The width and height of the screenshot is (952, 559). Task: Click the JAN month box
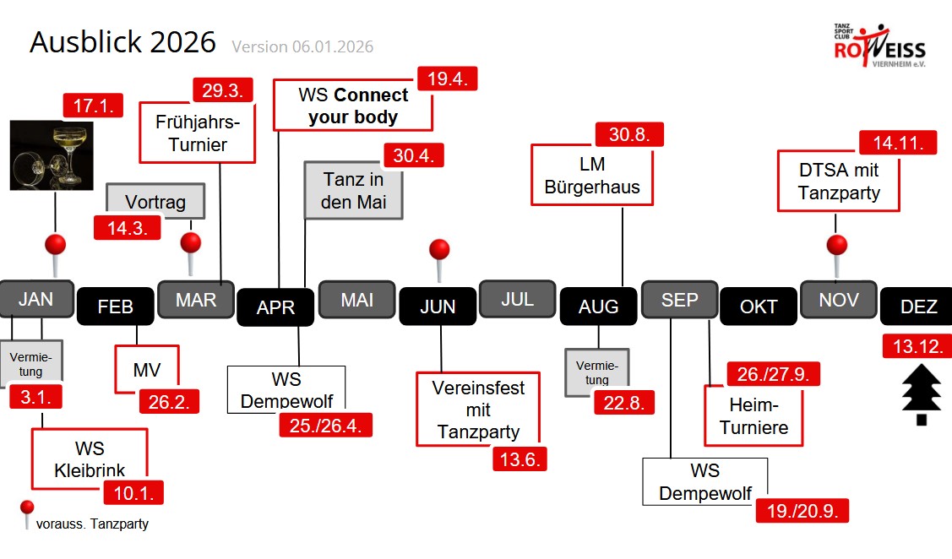[x=35, y=299]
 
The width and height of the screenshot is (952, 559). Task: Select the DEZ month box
[x=918, y=307]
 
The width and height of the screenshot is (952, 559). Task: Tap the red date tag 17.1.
[x=93, y=106]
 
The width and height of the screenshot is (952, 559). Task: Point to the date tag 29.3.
[x=223, y=90]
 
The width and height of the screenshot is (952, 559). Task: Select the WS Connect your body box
[x=352, y=106]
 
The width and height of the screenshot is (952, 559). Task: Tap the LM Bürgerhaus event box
[x=591, y=175]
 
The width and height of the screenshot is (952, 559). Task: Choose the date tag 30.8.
[x=628, y=135]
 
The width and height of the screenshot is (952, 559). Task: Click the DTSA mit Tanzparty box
[x=838, y=182]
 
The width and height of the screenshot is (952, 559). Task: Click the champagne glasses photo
[x=52, y=155]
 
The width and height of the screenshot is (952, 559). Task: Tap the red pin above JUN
[x=439, y=251]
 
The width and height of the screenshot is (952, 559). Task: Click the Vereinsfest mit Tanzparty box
[x=477, y=410]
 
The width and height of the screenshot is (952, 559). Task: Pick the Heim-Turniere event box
[x=753, y=416]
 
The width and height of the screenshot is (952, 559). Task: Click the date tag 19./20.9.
[x=802, y=511]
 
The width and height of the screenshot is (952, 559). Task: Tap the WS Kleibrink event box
[x=89, y=459]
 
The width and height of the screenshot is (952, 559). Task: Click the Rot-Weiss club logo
[x=879, y=48]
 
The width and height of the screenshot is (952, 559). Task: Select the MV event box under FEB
[x=147, y=369]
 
